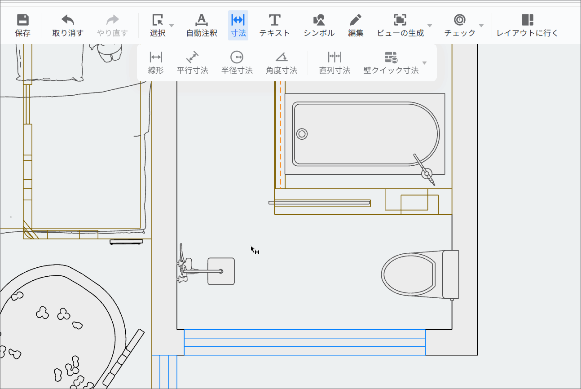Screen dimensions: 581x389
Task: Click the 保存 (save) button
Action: (23, 26)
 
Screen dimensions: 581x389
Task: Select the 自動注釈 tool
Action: (202, 26)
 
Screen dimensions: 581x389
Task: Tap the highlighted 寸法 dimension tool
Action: (238, 26)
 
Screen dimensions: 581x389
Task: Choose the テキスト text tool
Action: (274, 26)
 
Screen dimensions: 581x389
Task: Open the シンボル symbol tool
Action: (319, 26)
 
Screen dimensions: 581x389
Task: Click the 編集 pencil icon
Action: (355, 20)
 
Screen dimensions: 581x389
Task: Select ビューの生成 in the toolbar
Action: (400, 26)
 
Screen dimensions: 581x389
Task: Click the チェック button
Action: (460, 26)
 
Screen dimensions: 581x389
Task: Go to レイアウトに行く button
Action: (527, 26)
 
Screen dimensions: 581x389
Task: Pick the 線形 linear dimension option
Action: (156, 63)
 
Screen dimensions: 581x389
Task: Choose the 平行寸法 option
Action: (193, 63)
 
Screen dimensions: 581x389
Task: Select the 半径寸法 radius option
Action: (237, 63)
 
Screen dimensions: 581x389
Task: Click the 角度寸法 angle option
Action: (282, 63)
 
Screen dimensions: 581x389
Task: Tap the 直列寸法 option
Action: (335, 63)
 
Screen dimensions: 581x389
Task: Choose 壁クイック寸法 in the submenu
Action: (391, 63)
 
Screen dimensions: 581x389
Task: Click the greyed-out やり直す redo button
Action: (112, 26)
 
